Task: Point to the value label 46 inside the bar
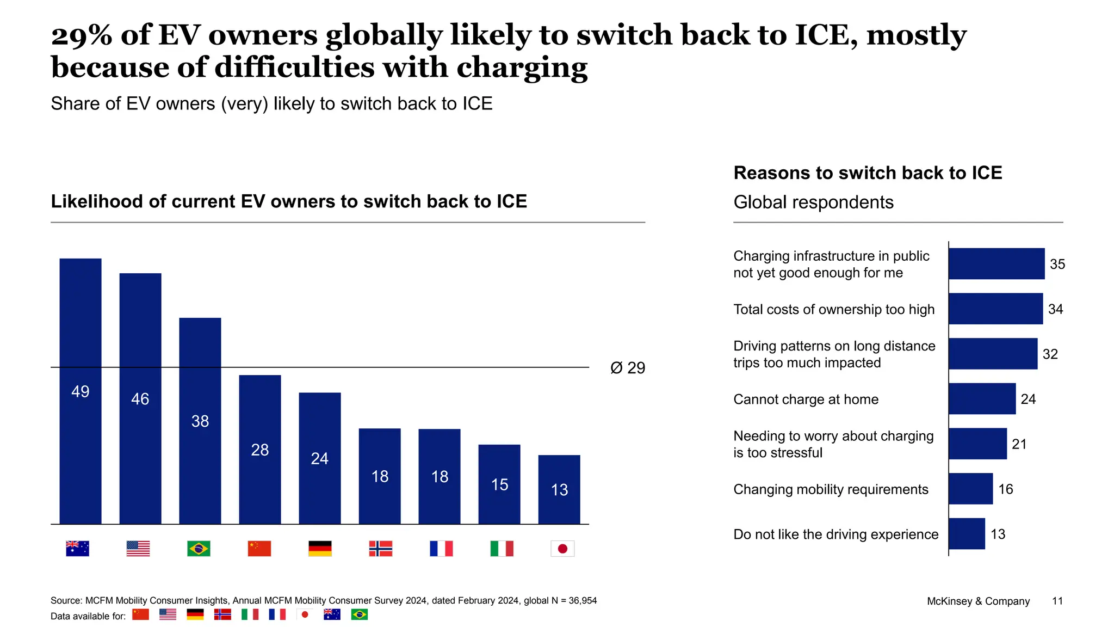(140, 399)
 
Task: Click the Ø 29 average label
(627, 368)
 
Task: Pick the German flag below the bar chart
(320, 548)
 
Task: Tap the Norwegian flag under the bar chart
(380, 548)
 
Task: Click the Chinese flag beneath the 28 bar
(259, 548)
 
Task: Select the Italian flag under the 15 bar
(502, 548)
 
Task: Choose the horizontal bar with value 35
(996, 264)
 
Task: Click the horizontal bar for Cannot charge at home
(982, 399)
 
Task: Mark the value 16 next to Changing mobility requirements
(1005, 489)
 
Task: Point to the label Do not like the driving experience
(835, 534)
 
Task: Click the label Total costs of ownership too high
(833, 309)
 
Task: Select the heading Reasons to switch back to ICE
(868, 173)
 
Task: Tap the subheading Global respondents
(813, 202)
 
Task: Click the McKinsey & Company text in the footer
(978, 601)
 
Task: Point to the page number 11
(1057, 601)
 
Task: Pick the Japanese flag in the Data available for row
(305, 614)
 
